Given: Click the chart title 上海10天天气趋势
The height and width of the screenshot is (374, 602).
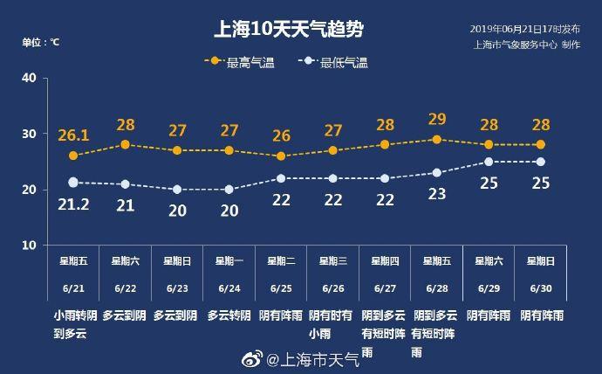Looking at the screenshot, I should coord(289,30).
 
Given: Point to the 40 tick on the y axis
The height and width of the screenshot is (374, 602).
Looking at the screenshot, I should coord(28,78).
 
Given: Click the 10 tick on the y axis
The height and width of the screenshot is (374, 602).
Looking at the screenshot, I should coord(28,246).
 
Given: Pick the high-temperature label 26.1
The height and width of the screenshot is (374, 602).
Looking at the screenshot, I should coord(73,135).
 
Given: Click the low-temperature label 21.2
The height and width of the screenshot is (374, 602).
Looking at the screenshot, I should coord(73,205).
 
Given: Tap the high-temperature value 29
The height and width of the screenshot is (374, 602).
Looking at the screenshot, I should coord(437,119).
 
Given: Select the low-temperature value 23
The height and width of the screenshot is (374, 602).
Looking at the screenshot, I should coord(437,194).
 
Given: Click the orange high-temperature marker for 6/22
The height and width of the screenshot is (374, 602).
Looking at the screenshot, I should coord(125,144).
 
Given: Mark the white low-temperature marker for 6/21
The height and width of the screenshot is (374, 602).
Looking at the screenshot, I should coord(73,183).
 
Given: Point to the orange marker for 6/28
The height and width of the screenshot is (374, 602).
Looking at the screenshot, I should coord(437,139).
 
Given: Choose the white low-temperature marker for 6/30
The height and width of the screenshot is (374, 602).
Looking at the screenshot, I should coord(540,162).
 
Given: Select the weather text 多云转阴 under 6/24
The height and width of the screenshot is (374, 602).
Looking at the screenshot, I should coord(229,315).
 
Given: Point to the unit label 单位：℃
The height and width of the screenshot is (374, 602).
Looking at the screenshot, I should coord(41,41).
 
